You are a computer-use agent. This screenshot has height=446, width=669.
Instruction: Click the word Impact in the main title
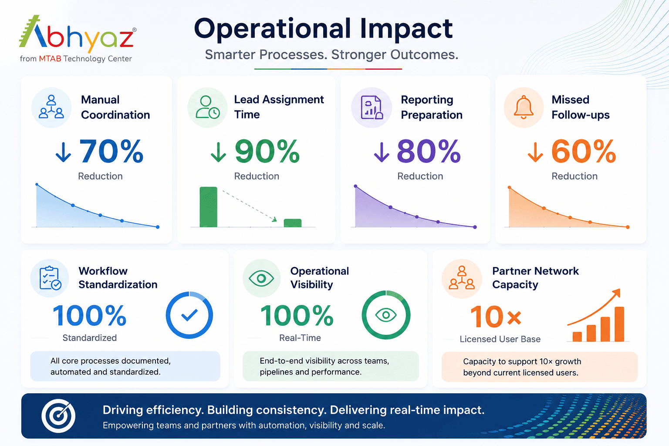pyautogui.click(x=406, y=29)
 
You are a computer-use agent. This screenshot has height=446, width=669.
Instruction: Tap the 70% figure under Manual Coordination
pyautogui.click(x=111, y=152)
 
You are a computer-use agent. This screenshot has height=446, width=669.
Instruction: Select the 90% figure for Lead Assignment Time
pyautogui.click(x=267, y=152)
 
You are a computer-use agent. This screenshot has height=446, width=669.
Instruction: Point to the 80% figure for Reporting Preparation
pyautogui.click(x=429, y=152)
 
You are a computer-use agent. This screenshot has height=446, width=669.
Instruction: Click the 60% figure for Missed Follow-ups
pyautogui.click(x=584, y=152)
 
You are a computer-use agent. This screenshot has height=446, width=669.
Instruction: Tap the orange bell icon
pyautogui.click(x=523, y=107)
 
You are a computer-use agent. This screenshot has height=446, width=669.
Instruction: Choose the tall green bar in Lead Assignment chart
pyautogui.click(x=209, y=207)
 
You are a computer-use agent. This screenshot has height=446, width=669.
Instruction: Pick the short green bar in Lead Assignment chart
pyautogui.click(x=292, y=223)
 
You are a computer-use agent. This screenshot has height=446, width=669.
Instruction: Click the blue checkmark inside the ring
pyautogui.click(x=189, y=315)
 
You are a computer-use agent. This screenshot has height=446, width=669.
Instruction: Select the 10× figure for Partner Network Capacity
pyautogui.click(x=496, y=316)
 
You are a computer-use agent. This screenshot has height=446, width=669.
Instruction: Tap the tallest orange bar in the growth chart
pyautogui.click(x=619, y=324)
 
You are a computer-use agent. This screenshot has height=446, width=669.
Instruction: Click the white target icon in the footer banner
pyautogui.click(x=58, y=416)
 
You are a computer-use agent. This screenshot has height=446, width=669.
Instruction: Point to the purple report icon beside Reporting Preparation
pyautogui.click(x=372, y=108)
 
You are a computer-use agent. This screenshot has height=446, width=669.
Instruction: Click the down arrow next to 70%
pyautogui.click(x=63, y=152)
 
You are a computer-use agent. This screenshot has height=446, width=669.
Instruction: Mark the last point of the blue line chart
pyautogui.click(x=158, y=227)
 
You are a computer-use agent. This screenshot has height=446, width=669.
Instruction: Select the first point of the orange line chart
pyautogui.click(x=510, y=188)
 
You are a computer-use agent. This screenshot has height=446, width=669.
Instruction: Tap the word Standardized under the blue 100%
pyautogui.click(x=90, y=338)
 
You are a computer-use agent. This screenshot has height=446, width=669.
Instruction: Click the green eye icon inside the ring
pyautogui.click(x=386, y=315)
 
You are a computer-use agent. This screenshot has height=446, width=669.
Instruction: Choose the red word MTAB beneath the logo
pyautogui.click(x=50, y=58)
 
